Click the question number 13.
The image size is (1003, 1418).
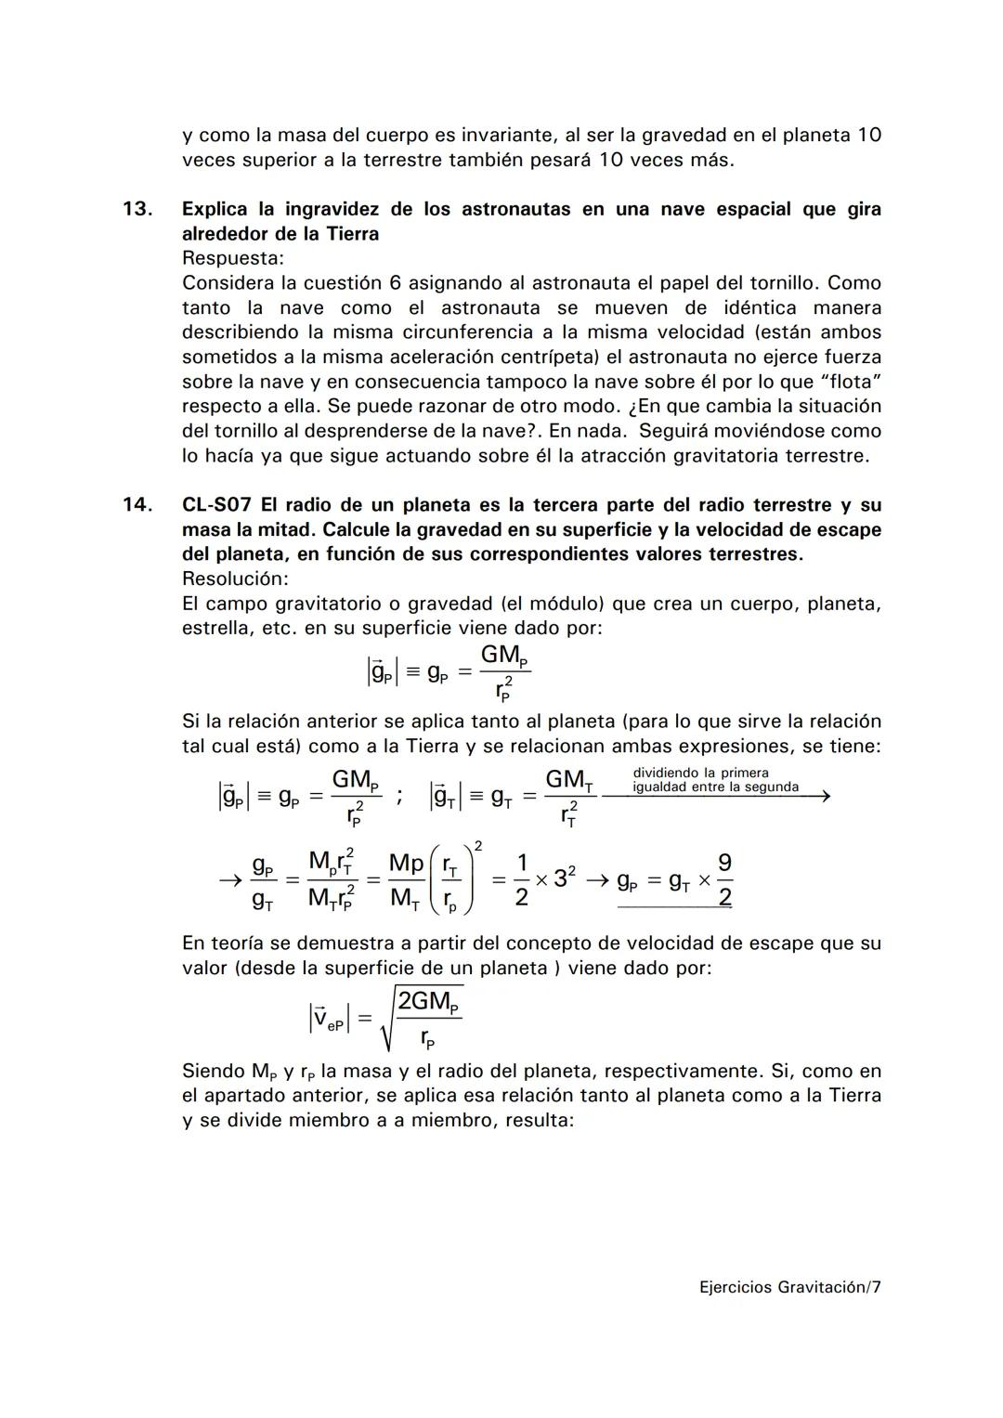[x=137, y=209]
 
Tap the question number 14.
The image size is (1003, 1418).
[x=137, y=505]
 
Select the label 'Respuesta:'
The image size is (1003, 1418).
[x=233, y=258]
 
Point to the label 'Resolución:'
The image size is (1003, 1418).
[x=235, y=579]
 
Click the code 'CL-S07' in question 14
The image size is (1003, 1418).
[x=216, y=505]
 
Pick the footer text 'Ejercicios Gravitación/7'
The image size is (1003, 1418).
[x=789, y=1287]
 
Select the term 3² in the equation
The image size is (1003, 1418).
[x=565, y=878]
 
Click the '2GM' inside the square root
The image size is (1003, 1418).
[x=429, y=1003]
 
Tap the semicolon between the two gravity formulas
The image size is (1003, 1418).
[x=398, y=796]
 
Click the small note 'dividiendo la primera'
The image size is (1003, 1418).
[x=700, y=773]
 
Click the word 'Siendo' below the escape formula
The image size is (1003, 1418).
[x=213, y=1071]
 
